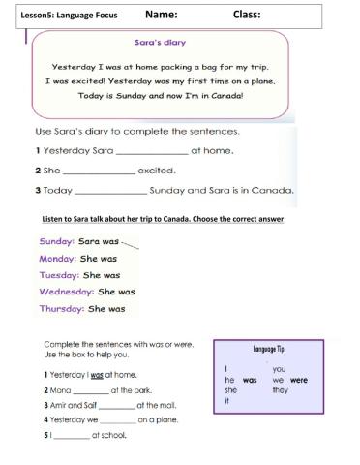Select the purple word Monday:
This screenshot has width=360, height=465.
click(59, 258)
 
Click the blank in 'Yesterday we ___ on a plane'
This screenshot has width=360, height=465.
click(117, 420)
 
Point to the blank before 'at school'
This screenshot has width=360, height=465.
click(71, 435)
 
